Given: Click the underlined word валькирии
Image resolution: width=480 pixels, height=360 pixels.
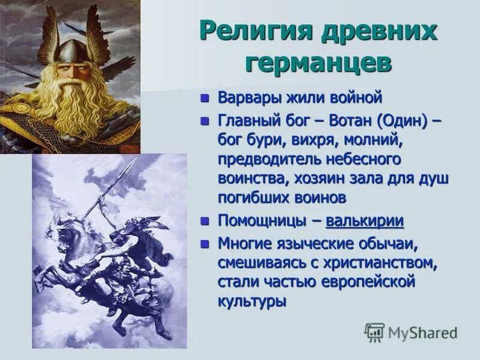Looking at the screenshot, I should click(365, 221).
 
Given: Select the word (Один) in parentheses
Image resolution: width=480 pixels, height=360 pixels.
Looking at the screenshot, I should click(402, 122).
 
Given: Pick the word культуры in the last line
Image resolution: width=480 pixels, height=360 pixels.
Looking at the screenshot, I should click(251, 299).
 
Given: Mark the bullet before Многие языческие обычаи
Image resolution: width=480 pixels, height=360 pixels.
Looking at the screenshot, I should click(205, 244).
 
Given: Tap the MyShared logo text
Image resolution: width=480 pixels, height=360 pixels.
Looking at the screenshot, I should click(422, 332).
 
